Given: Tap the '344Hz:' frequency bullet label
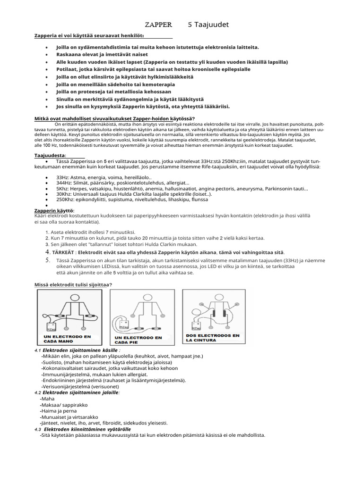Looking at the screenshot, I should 65,183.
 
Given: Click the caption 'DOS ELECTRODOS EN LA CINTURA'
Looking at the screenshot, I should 213,337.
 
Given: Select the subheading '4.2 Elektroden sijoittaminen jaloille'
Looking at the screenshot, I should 78,392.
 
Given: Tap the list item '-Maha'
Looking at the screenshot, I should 48,399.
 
